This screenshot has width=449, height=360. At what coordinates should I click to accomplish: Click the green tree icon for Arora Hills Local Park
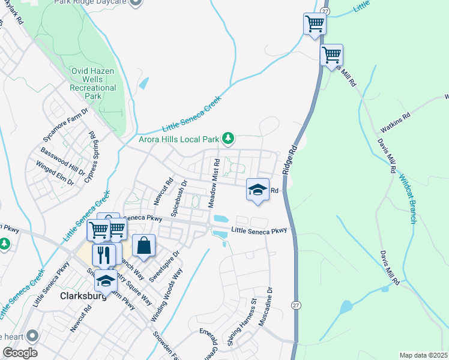(x=228, y=139)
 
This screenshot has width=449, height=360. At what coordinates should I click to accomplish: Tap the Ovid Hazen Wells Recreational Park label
(x=92, y=83)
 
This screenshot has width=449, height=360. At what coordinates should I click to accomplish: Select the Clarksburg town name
(x=83, y=296)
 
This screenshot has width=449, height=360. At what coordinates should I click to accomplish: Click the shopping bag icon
(x=143, y=245)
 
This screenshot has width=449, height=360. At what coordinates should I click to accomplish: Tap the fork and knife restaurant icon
(x=104, y=254)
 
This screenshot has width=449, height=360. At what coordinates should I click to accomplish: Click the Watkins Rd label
(x=395, y=122)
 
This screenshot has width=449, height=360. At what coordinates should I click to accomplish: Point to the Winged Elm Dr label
(x=55, y=172)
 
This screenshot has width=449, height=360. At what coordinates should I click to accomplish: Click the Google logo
(x=20, y=353)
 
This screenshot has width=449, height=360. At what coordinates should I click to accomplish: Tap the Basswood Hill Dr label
(x=60, y=160)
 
